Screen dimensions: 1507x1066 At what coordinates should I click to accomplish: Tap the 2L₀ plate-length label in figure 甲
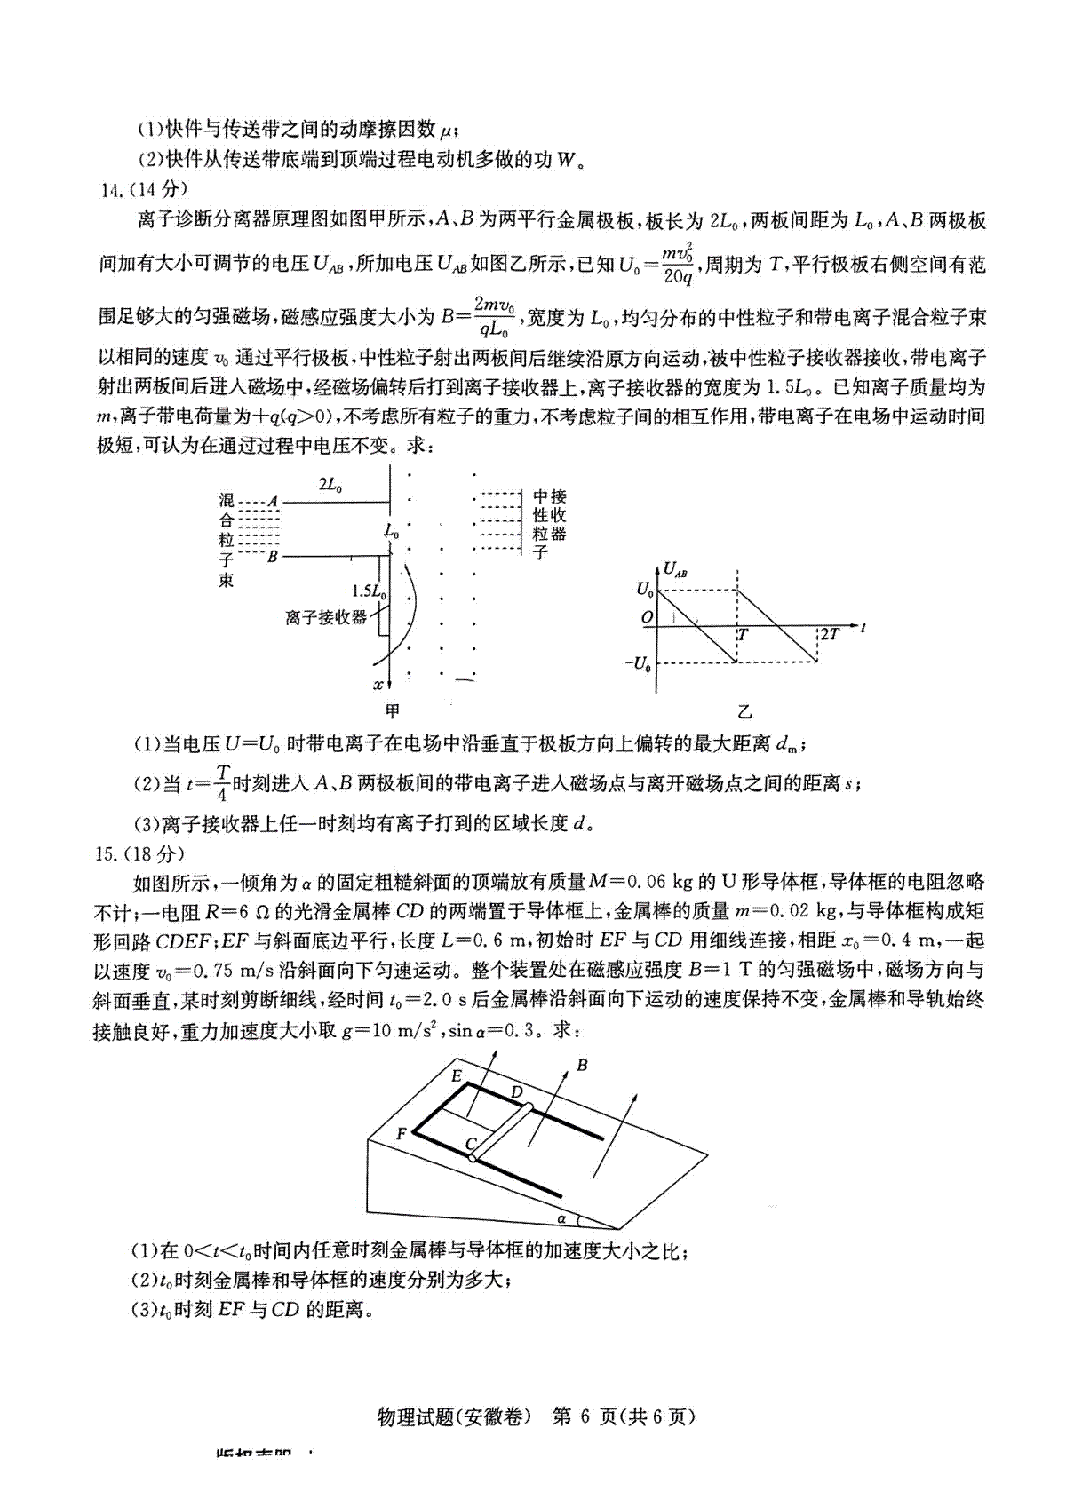330,485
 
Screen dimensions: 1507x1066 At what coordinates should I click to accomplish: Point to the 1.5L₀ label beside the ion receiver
368,591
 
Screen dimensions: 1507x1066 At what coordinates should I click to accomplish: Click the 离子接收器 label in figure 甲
326,616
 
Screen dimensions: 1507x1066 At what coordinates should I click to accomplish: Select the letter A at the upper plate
273,501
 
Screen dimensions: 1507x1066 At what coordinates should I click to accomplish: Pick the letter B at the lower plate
273,557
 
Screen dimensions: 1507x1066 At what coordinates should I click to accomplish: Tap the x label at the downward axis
378,684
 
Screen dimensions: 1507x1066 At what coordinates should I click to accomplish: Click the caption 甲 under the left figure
392,711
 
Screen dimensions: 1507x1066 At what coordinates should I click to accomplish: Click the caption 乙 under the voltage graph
744,711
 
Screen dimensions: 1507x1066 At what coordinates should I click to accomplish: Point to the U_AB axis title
675,570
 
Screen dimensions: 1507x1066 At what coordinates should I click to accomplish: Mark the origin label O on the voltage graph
647,617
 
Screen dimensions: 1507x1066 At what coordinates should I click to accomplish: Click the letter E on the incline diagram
457,1075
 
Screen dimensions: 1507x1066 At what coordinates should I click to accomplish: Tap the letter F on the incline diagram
402,1134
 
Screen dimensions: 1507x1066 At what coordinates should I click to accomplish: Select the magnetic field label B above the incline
583,1065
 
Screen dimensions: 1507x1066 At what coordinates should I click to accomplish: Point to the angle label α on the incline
562,1218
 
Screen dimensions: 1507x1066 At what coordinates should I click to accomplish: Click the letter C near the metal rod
471,1144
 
